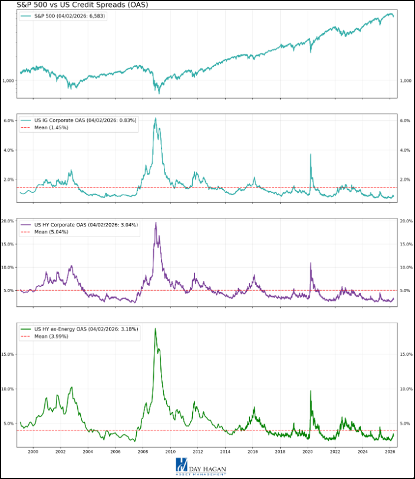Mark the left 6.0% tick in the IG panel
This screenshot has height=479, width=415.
[x=9, y=121]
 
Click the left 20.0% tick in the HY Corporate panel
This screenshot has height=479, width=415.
[x=8, y=221]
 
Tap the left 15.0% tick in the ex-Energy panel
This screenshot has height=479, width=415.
[x=8, y=355]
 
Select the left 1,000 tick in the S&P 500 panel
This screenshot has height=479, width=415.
[x=8, y=81]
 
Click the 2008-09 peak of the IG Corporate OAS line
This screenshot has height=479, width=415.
[x=155, y=119]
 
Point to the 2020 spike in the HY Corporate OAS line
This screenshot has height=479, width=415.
[x=310, y=263]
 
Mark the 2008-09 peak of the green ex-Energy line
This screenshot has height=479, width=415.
[x=155, y=329]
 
